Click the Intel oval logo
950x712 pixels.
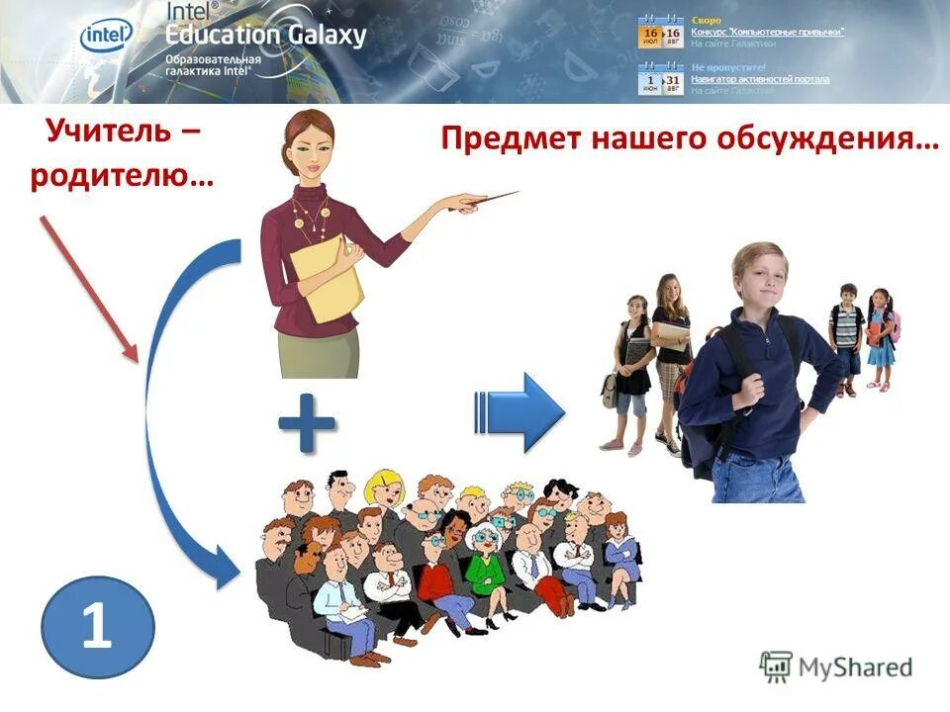point(106,37)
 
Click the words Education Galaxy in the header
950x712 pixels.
point(265,36)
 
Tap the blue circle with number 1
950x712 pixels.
point(98,627)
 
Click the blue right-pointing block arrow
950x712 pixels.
point(522,412)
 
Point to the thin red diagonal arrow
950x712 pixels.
point(87,287)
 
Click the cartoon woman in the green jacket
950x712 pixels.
point(485,563)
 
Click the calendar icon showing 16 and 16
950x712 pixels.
point(661,32)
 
